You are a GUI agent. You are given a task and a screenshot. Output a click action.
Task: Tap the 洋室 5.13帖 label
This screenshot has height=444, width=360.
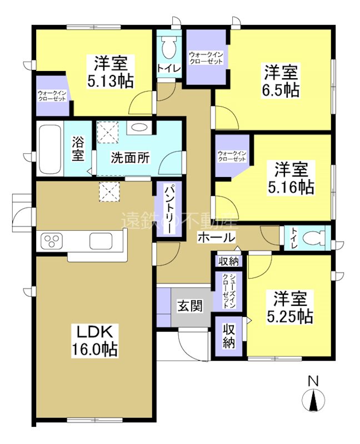click(x=110, y=72)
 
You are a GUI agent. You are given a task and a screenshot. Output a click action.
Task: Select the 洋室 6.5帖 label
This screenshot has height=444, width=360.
click(x=281, y=80)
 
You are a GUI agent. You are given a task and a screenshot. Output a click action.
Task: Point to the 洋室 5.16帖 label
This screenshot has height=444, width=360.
click(x=290, y=177)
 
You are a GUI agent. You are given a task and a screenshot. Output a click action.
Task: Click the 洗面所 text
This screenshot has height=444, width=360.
click(x=129, y=158)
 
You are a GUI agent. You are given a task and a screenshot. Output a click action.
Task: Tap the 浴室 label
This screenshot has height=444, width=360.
click(x=78, y=149)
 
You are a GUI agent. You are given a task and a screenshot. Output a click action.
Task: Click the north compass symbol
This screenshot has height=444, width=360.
click(x=313, y=398)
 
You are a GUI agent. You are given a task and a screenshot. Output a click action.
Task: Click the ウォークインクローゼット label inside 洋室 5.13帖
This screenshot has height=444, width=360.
click(x=52, y=95)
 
